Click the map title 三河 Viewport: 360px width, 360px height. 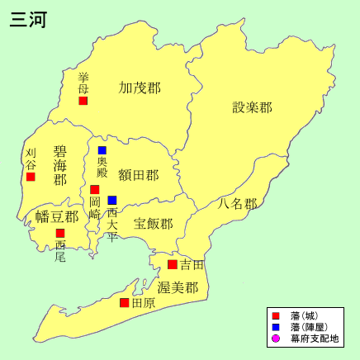click(28, 21)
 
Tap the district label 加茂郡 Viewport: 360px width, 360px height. click(140, 88)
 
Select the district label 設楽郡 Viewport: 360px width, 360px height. click(252, 107)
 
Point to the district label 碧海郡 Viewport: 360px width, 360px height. click(60, 165)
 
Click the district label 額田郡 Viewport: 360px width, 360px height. click(138, 175)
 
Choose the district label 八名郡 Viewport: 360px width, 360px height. click(238, 203)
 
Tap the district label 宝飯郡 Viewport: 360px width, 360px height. click(154, 224)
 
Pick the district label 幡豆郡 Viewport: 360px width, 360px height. click(57, 217)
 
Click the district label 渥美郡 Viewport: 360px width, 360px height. click(178, 287)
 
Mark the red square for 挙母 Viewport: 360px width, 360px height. click(83, 101)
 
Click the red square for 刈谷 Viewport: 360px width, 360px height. click(31, 177)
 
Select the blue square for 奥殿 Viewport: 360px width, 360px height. click(102, 150)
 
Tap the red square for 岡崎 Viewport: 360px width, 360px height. click(95, 190)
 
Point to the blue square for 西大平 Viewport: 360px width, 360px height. click(112, 200)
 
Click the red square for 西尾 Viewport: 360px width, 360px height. click(60, 234)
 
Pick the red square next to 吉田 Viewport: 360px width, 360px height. click(173, 265)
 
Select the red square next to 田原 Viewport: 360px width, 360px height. click(125, 303)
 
